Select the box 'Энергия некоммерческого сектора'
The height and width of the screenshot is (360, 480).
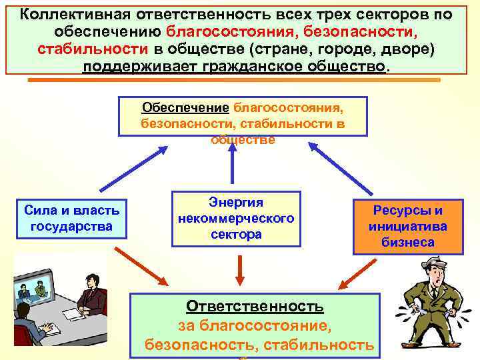236,218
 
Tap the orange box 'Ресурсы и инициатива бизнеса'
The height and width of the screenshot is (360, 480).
408,227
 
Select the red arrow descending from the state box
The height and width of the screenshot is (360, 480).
143,265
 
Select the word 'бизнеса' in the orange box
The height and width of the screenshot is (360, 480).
408,242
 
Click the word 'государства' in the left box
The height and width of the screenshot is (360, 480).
72,227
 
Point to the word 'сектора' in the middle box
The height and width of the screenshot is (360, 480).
236,234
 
